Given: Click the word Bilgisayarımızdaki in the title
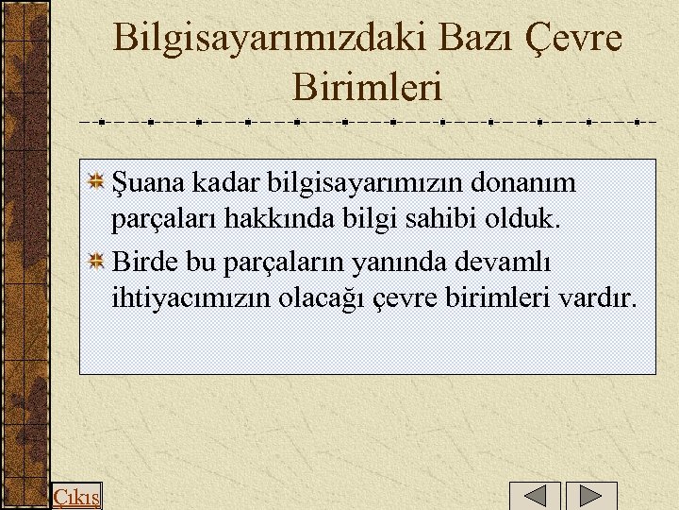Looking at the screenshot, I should (272, 40).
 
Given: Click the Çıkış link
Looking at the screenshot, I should (76, 497).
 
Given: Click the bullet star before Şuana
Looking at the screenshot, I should (96, 180).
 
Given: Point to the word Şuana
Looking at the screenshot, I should (142, 181).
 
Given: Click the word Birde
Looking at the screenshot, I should (141, 261).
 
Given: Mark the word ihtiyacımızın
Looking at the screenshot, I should (191, 300).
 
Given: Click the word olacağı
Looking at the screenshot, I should (326, 300).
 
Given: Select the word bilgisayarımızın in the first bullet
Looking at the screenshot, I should (354, 181).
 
